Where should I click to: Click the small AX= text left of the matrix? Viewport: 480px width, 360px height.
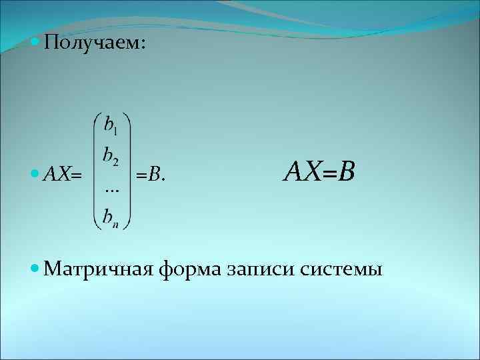[x=62, y=175]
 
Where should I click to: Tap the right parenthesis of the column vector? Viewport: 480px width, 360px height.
[x=127, y=171]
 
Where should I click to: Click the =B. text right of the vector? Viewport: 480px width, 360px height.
[x=151, y=175]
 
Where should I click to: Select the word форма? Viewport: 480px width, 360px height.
[x=191, y=271]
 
